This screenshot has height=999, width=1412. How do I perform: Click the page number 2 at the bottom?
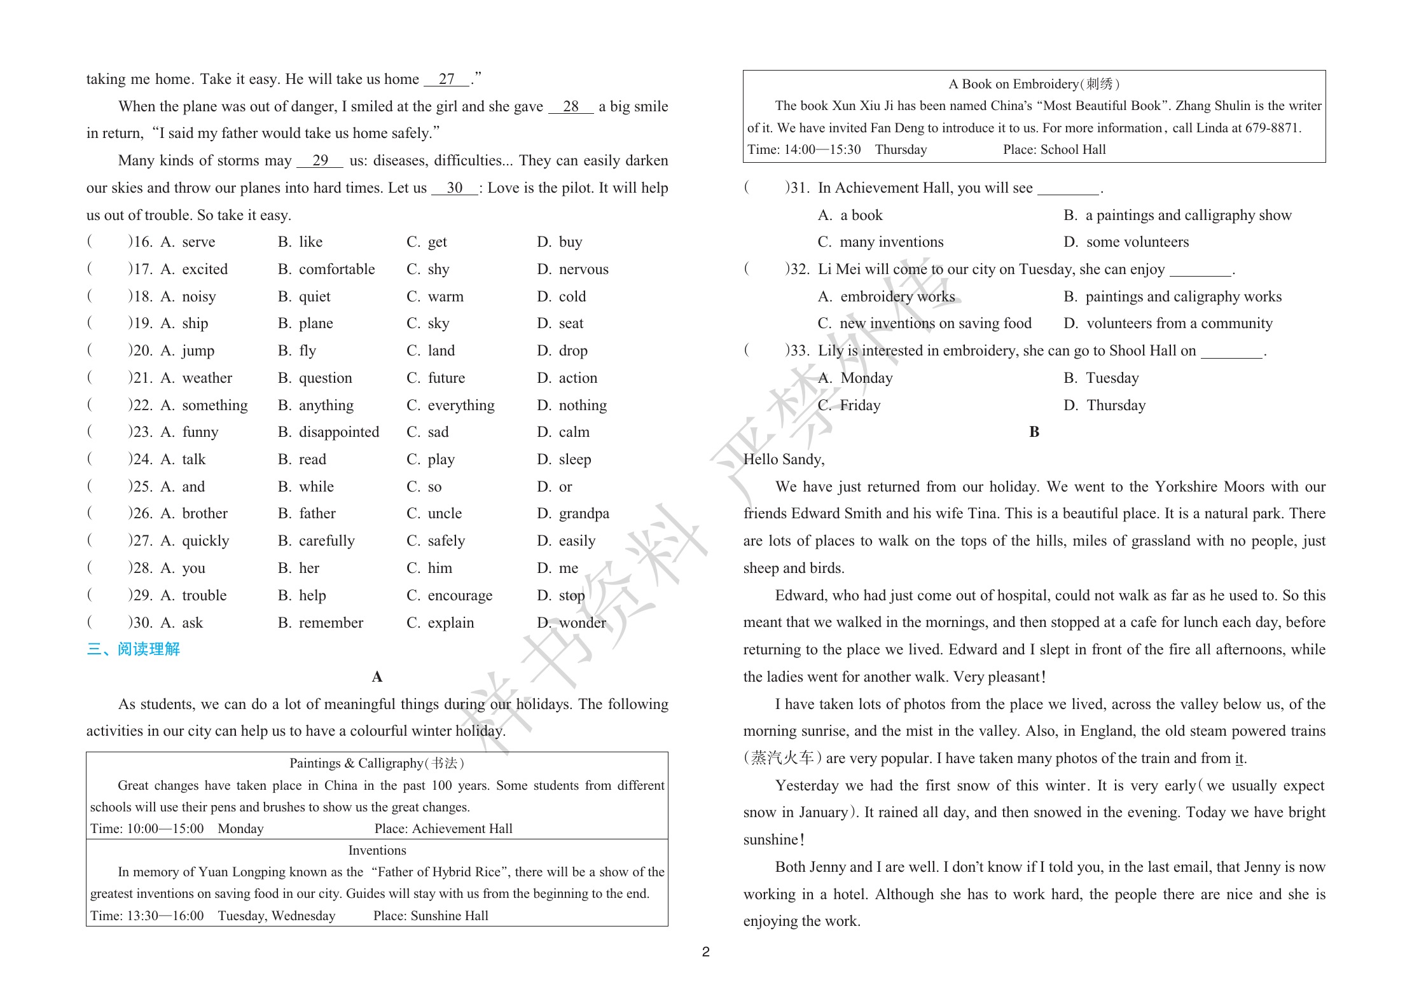[x=705, y=952]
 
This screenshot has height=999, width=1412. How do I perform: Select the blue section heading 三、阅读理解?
[x=134, y=649]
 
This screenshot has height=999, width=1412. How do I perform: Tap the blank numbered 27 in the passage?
[x=446, y=79]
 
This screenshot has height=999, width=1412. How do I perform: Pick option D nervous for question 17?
[x=572, y=270]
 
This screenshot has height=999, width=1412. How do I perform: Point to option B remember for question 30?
[x=321, y=623]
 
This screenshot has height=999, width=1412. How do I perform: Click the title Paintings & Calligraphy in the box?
[x=377, y=763]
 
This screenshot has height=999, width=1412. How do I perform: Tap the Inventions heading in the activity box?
[x=377, y=851]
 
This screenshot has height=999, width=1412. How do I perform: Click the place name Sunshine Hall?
[x=449, y=916]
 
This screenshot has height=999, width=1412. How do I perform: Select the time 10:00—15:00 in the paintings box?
[x=165, y=829]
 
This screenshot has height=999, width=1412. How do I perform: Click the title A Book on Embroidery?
[x=1034, y=84]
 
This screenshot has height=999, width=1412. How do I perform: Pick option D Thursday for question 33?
[x=1105, y=406]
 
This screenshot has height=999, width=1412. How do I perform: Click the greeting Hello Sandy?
[x=784, y=460]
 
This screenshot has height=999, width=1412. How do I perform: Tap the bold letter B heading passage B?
[x=1034, y=432]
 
